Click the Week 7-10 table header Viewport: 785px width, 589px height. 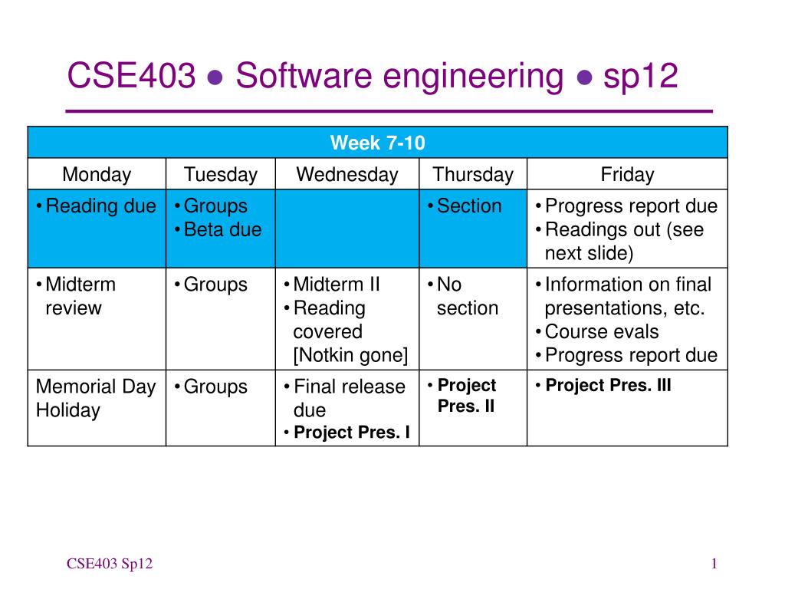click(377, 143)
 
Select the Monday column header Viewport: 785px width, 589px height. click(97, 174)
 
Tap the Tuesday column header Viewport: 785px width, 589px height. click(220, 174)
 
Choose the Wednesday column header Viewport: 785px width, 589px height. click(347, 174)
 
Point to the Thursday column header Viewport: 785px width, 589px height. click(473, 174)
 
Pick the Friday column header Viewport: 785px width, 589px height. click(627, 174)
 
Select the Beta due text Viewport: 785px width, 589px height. click(223, 229)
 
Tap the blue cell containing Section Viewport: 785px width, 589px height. click(473, 229)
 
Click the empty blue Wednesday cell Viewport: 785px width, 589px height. click(347, 229)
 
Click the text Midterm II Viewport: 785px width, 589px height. click(337, 284)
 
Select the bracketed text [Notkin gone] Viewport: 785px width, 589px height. click(350, 355)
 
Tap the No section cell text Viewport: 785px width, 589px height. click(467, 296)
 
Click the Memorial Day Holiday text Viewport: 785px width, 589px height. click(96, 398)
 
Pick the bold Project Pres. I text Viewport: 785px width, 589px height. click(351, 433)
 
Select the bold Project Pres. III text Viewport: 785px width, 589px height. click(608, 385)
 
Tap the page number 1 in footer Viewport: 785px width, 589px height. click(714, 564)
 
